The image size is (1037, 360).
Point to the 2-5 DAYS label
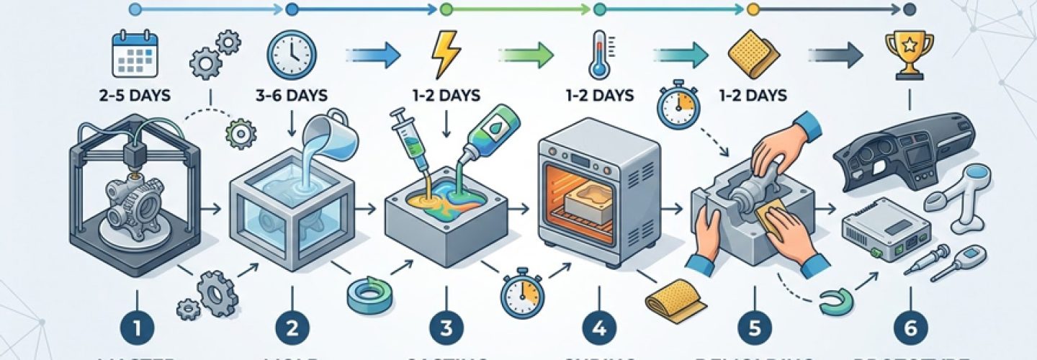point(135,95)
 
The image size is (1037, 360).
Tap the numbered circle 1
point(137,328)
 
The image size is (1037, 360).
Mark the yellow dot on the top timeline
point(753,9)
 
